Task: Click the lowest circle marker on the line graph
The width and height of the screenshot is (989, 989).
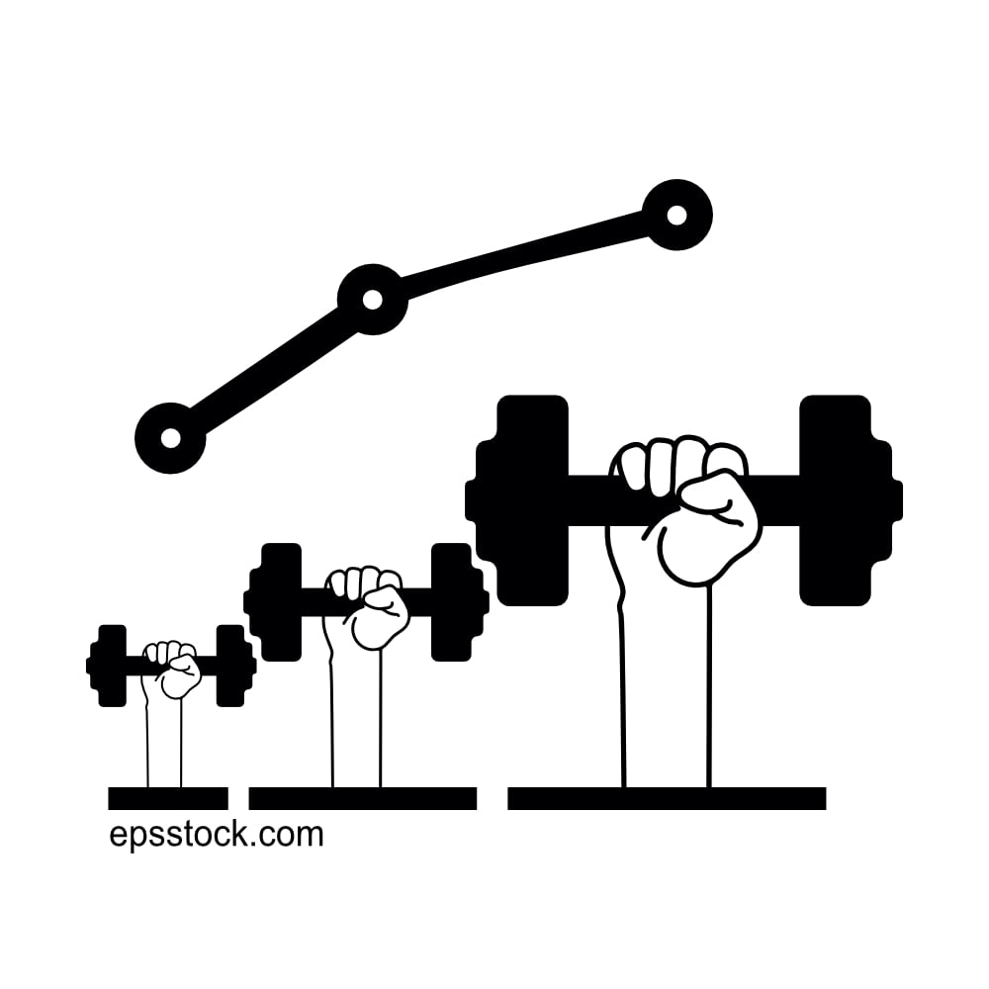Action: [170, 438]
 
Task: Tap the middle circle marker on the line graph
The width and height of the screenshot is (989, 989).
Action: [372, 299]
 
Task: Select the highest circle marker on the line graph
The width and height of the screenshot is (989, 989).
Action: [676, 215]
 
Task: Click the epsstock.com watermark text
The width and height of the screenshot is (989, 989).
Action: [216, 835]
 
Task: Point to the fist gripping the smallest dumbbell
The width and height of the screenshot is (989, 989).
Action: [173, 670]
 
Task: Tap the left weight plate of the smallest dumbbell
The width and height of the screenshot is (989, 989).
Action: [112, 666]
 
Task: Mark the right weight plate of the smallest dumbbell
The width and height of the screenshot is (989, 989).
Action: [229, 666]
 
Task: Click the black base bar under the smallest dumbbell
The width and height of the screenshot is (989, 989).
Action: [168, 798]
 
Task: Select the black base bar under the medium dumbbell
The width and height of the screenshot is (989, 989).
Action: [362, 798]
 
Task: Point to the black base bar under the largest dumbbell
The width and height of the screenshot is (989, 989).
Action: [667, 798]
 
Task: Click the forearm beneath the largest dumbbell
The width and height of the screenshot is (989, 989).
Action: [666, 692]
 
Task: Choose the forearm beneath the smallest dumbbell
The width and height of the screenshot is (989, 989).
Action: [164, 742]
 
